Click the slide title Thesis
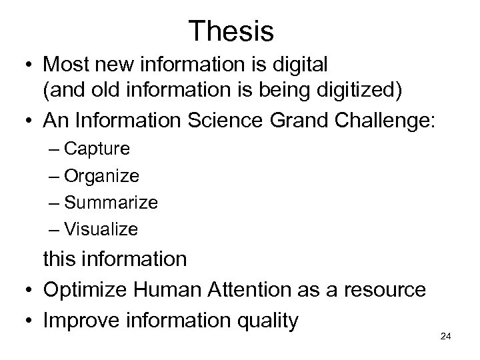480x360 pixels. (x=231, y=30)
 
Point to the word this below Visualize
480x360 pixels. (x=59, y=259)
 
